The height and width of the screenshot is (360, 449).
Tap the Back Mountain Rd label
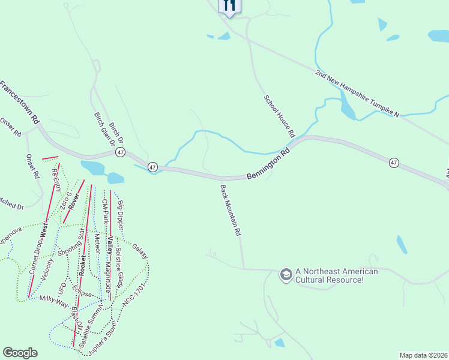pos(231,210)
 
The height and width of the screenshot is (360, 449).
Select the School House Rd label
pos(280,114)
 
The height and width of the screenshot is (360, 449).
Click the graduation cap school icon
pos(286,275)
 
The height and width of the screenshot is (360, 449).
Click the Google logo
pos(20,353)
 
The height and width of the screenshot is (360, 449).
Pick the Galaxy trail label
pos(139,251)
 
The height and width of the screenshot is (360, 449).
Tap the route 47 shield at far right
pos(393,163)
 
